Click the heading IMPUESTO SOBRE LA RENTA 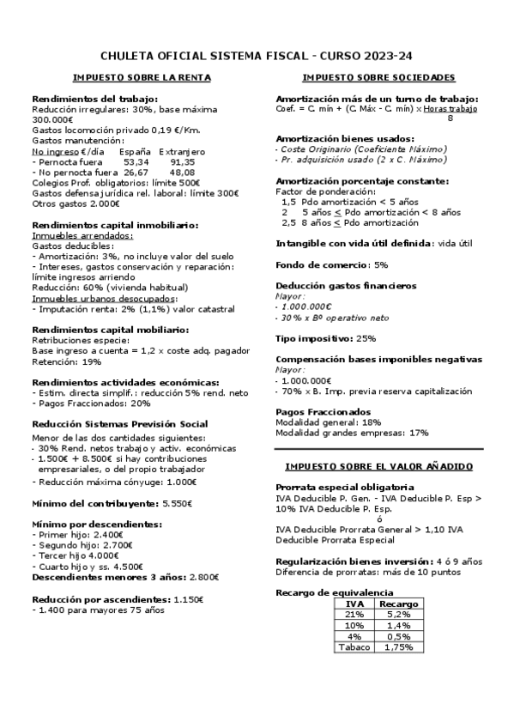[142, 77]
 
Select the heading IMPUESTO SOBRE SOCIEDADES [378, 77]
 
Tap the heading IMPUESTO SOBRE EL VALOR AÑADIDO [378, 465]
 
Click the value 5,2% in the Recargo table [398, 614]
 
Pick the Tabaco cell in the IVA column [354, 646]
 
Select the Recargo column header [398, 604]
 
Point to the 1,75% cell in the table [398, 646]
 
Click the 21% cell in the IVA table [354, 614]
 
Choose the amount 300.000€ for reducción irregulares [52, 119]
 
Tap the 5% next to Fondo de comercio [381, 264]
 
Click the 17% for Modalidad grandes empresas [419, 433]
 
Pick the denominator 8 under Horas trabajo [450, 118]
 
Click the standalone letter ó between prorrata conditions [378, 518]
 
